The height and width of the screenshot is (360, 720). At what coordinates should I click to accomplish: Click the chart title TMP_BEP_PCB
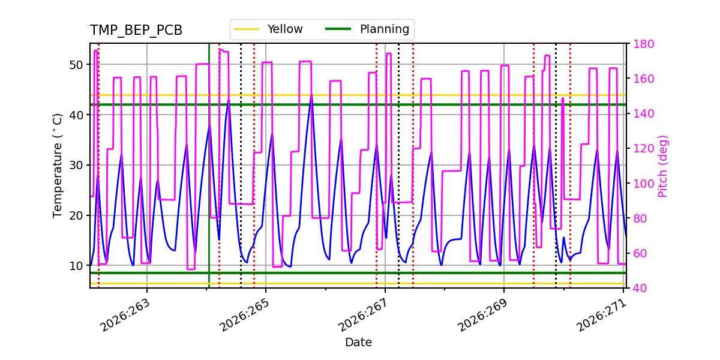click(x=136, y=30)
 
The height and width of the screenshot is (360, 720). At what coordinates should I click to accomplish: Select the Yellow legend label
click(x=285, y=29)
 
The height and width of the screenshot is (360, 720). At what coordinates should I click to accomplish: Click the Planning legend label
click(x=385, y=29)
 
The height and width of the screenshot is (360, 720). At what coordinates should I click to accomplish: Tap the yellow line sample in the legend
click(x=247, y=29)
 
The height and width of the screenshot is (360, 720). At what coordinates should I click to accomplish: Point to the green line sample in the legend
click(x=338, y=29)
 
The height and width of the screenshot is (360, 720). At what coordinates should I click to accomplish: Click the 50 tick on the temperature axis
click(x=76, y=65)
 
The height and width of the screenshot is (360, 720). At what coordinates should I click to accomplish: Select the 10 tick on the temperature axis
click(x=76, y=266)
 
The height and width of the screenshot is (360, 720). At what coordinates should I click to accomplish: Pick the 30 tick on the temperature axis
click(x=76, y=165)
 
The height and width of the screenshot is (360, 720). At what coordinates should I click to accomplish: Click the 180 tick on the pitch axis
click(x=643, y=44)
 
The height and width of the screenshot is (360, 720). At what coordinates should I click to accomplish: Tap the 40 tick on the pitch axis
click(x=640, y=288)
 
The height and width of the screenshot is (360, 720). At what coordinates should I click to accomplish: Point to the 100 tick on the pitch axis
click(x=643, y=184)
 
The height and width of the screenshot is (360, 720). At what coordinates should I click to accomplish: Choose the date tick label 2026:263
click(x=125, y=316)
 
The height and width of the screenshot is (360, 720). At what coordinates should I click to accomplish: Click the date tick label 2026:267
click(x=363, y=316)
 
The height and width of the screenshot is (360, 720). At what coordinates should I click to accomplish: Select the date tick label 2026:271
click(x=601, y=316)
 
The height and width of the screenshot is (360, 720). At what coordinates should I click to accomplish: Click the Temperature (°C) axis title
click(x=57, y=166)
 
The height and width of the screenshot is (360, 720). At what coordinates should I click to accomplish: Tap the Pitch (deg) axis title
click(x=663, y=166)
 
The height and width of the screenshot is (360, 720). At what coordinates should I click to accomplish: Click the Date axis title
click(x=358, y=343)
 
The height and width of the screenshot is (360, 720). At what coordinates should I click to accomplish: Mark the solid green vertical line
click(x=209, y=166)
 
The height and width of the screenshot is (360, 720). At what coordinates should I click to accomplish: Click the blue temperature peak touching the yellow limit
click(x=311, y=95)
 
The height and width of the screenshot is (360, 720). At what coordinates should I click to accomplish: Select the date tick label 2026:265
click(x=244, y=316)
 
